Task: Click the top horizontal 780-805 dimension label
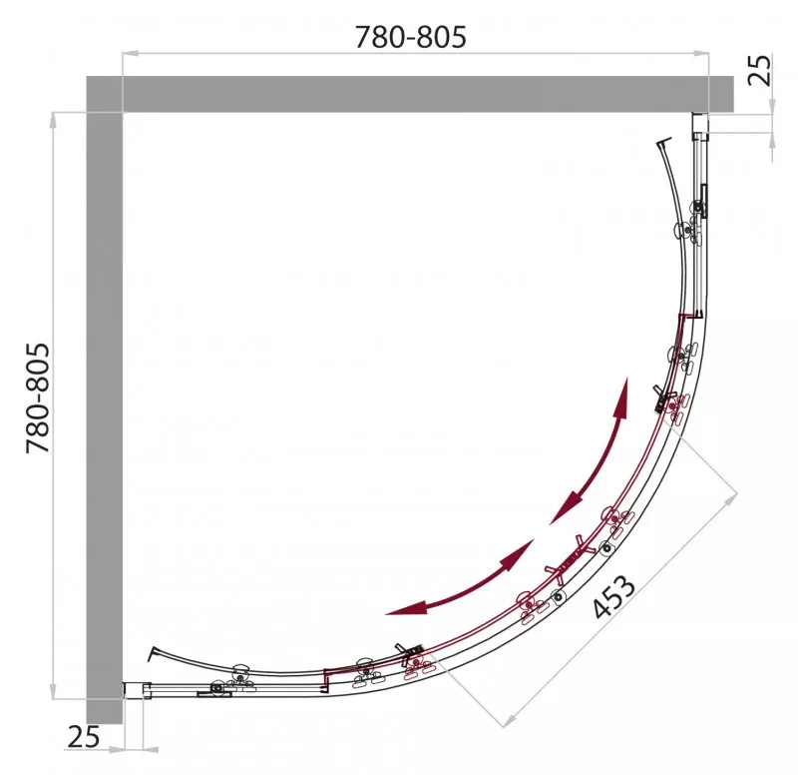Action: click(x=410, y=37)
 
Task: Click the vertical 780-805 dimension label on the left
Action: click(x=38, y=397)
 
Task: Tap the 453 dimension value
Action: click(x=614, y=596)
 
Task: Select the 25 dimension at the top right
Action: click(x=759, y=70)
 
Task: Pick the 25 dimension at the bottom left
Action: click(x=84, y=737)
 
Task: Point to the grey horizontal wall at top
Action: click(x=410, y=94)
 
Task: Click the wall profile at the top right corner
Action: click(x=700, y=126)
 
